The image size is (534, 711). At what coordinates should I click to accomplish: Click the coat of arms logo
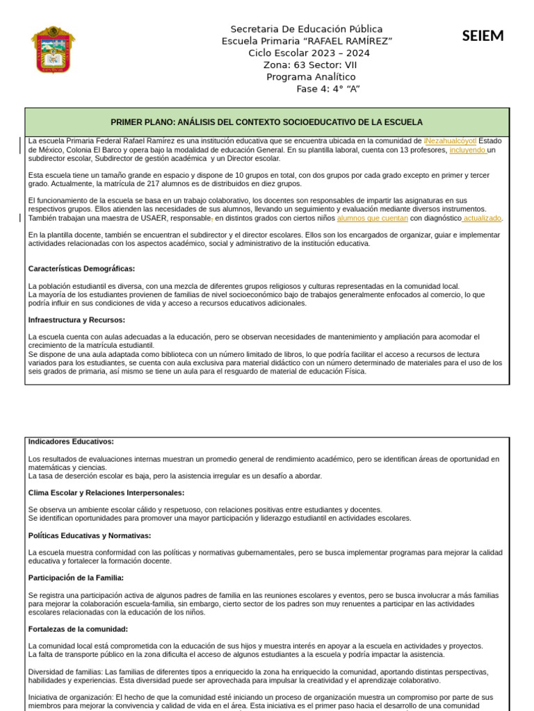(x=53, y=49)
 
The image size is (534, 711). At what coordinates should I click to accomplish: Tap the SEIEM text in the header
(x=483, y=36)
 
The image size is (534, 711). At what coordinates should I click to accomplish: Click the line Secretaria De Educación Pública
(x=306, y=29)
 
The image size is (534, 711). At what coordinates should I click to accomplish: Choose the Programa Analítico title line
(x=310, y=76)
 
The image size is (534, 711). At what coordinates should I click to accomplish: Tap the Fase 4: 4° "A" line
(x=327, y=88)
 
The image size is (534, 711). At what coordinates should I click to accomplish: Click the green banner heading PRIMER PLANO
(x=266, y=122)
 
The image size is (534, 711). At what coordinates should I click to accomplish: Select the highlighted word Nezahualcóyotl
(x=451, y=141)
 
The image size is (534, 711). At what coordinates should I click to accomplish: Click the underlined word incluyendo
(x=467, y=150)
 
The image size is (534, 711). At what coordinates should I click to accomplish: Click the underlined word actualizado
(x=482, y=218)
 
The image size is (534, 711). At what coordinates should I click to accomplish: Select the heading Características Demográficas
(x=81, y=269)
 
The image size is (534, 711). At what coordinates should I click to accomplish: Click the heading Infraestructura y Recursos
(x=76, y=320)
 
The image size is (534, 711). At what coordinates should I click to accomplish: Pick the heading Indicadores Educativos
(x=71, y=442)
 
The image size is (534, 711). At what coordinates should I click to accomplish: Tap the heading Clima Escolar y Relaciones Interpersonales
(x=106, y=493)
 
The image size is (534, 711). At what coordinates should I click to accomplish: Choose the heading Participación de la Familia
(x=76, y=578)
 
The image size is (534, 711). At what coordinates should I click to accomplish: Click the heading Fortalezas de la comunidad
(x=78, y=629)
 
